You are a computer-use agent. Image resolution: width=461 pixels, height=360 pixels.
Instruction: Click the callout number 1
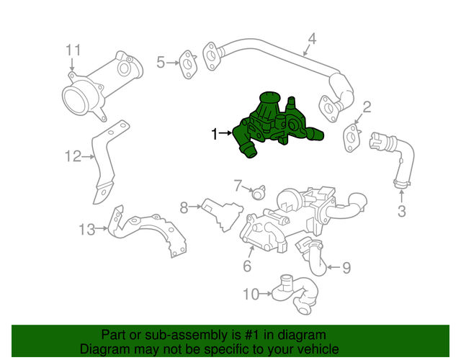click(x=214, y=134)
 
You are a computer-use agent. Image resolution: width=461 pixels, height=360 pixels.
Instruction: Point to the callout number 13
click(x=86, y=230)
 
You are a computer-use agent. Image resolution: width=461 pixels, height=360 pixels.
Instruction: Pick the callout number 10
click(x=250, y=294)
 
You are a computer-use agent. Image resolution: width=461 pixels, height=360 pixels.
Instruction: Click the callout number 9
click(x=346, y=269)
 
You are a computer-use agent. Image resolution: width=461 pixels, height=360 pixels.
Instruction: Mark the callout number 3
click(x=402, y=211)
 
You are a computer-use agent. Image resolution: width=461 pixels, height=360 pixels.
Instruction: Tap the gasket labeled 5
click(x=188, y=63)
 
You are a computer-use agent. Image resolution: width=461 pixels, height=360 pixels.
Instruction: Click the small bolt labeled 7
click(x=257, y=192)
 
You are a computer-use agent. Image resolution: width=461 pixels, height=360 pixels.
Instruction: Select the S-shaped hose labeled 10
click(x=299, y=293)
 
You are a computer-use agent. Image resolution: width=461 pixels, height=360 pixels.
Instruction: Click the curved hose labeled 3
click(x=395, y=158)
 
